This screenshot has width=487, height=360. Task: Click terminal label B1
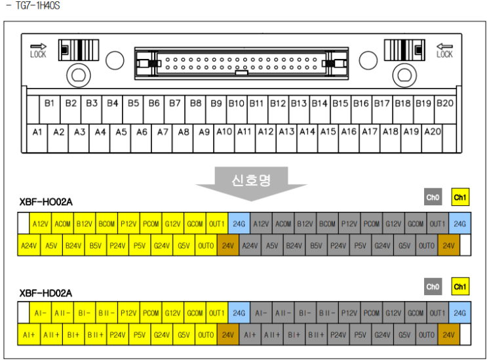pos(49,103)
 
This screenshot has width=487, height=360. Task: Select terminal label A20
pos(433,132)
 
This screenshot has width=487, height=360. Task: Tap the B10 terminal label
pos(237,103)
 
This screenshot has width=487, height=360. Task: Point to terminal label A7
pos(163,132)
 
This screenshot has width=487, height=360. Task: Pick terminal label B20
pos(445,103)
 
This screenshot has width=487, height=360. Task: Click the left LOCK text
pos(38,54)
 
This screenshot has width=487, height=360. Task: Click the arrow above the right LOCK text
pos(444,47)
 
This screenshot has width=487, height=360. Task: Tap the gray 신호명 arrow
pos(251,183)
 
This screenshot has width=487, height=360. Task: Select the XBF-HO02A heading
pos(46,202)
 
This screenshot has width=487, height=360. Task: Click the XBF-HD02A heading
pos(46,293)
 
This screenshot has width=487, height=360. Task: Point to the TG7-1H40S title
pos(38,5)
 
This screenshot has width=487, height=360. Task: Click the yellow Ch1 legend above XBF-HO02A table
pos(460,197)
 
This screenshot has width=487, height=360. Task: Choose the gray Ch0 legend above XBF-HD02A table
pos(433,287)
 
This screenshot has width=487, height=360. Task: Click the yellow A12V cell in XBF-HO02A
pos(41,224)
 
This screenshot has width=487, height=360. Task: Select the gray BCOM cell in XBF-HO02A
pos(327,224)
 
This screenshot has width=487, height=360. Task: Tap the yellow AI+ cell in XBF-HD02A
pos(29,334)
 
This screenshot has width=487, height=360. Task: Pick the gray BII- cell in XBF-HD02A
pos(327,313)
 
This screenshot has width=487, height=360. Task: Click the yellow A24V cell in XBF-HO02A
pos(29,245)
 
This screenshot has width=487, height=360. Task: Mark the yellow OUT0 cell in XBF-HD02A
pos(206,334)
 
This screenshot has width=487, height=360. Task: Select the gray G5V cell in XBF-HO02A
pos(404,245)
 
